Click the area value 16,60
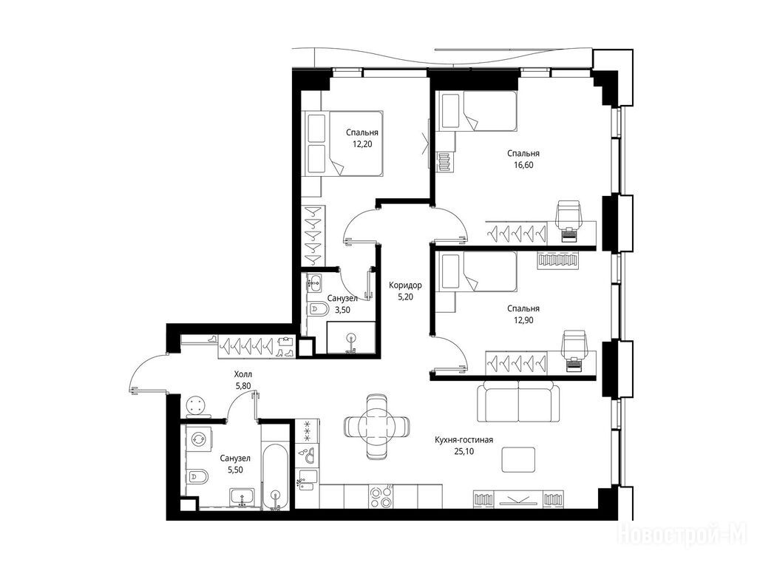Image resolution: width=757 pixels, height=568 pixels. [x=523, y=165]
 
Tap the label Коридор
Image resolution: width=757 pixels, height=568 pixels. [x=406, y=285]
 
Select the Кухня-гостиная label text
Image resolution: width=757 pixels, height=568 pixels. [x=464, y=440]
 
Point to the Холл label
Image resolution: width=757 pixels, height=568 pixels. [x=242, y=374]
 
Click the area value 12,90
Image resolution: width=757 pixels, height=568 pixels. [x=523, y=319]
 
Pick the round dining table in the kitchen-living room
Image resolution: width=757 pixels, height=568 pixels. [x=377, y=427]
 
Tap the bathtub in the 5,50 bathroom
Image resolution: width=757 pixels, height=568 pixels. [x=276, y=476]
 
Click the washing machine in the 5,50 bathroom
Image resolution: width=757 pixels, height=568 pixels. [x=199, y=439]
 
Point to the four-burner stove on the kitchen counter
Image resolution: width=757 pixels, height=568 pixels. [x=381, y=496]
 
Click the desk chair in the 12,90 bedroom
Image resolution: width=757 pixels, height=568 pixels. [x=574, y=345]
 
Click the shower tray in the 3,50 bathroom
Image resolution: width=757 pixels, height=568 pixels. [x=351, y=337]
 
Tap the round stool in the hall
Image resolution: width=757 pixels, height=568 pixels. [x=197, y=405]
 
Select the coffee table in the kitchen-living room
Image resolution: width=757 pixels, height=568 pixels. [x=518, y=459]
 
